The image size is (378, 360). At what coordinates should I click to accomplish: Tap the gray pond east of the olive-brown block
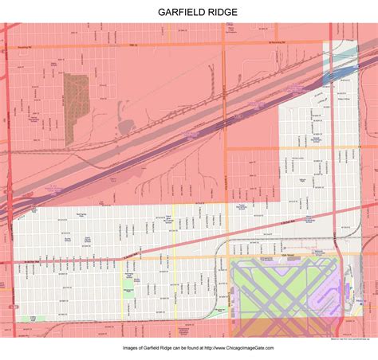click(124, 127)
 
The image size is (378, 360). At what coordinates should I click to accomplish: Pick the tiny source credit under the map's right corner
click(351, 338)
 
